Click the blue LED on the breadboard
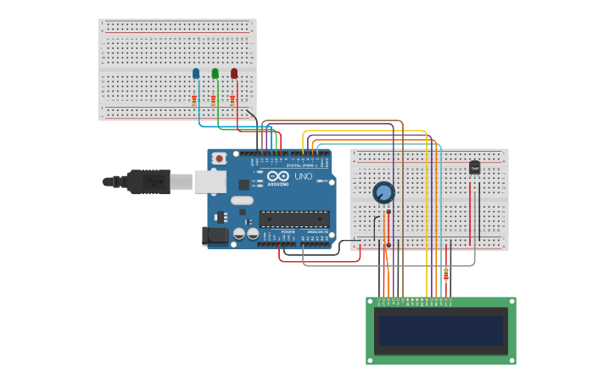pos(196,74)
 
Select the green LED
pos(215,74)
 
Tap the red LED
pos(234,74)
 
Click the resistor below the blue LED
pos(194,99)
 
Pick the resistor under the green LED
pos(214,99)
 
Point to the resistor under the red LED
pos(232,99)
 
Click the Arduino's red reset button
pos(219,159)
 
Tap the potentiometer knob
pos(383,192)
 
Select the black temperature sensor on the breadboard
pos(474,167)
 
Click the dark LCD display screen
pos(440,331)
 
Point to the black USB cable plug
pos(149,181)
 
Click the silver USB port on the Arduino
pos(210,181)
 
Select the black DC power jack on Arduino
pos(215,236)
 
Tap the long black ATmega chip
pos(294,219)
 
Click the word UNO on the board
pos(303,177)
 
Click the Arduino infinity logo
pos(277,176)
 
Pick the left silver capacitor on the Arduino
pos(239,233)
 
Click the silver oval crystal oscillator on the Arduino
pos(242,201)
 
